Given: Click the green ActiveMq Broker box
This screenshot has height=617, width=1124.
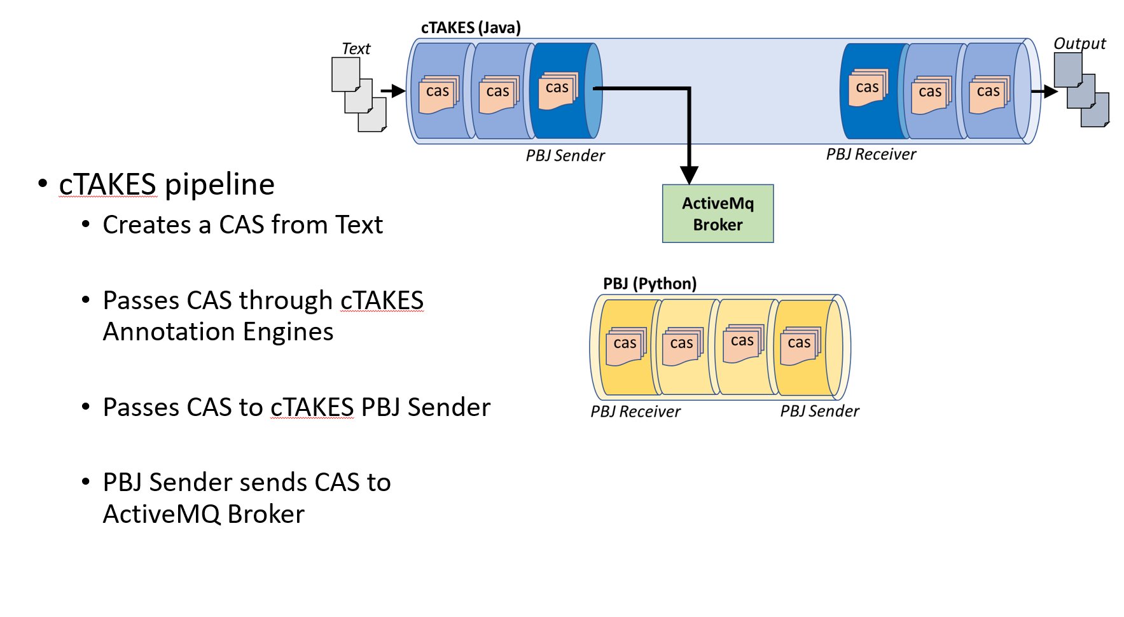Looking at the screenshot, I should pyautogui.click(x=718, y=214).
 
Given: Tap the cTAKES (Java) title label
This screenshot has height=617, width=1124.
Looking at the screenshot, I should pyautogui.click(x=471, y=28).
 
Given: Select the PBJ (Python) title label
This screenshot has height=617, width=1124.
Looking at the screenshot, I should pyautogui.click(x=649, y=284).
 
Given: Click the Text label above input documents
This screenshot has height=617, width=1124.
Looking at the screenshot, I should pyautogui.click(x=356, y=49).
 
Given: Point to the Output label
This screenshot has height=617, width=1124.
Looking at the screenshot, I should pyautogui.click(x=1079, y=44).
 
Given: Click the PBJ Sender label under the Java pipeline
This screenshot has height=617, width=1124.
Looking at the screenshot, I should pyautogui.click(x=565, y=156).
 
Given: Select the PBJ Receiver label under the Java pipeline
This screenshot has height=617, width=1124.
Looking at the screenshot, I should pyautogui.click(x=871, y=155).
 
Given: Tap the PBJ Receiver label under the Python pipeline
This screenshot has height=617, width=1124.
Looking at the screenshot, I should pyautogui.click(x=635, y=412).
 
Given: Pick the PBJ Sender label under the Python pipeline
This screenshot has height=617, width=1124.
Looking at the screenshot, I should pyautogui.click(x=819, y=412).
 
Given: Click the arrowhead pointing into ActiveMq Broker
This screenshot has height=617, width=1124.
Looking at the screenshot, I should pyautogui.click(x=689, y=175).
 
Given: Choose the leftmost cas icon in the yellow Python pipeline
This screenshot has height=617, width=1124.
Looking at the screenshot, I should pyautogui.click(x=625, y=345).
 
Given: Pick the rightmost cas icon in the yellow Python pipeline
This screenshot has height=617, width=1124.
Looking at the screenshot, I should pyautogui.click(x=800, y=345).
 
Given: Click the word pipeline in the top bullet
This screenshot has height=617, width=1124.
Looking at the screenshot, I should pyautogui.click(x=219, y=185).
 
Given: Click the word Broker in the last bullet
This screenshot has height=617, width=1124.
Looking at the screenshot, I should pyautogui.click(x=266, y=515).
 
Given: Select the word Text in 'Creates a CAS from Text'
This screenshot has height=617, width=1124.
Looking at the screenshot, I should pyautogui.click(x=359, y=225).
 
